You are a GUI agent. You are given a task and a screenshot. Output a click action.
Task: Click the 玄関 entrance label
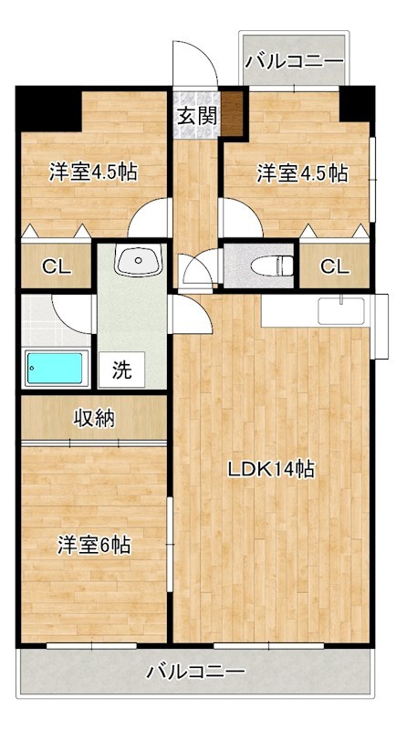195,116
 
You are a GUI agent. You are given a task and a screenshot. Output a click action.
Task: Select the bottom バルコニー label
195,673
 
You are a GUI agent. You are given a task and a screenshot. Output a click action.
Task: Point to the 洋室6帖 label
94,545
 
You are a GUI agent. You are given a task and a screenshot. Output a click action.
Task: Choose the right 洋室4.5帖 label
301,172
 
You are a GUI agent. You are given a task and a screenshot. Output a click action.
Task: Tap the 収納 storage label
93,419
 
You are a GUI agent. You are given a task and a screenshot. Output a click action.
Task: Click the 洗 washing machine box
121,370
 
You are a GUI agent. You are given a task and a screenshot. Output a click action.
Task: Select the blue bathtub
57,369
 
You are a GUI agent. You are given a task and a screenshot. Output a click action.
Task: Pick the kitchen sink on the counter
340,310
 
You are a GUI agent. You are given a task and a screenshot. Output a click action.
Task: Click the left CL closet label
56,266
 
